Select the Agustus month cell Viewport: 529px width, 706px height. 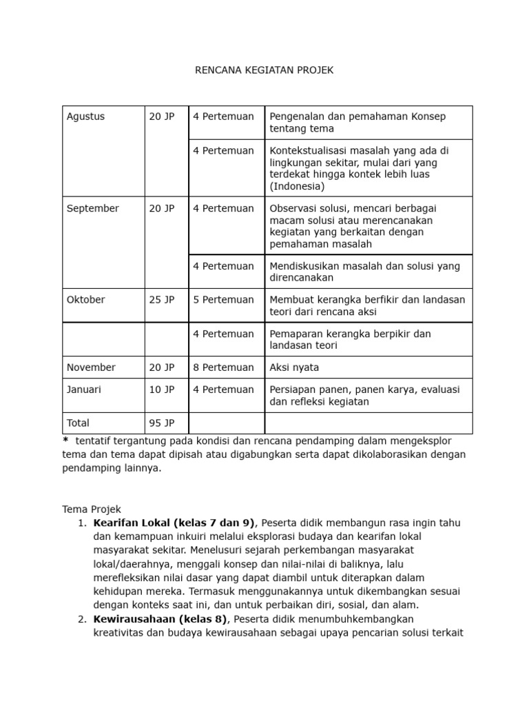pyautogui.click(x=85, y=117)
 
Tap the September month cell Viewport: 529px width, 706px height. pyautogui.click(x=92, y=208)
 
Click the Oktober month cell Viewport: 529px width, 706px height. pyautogui.click(x=85, y=300)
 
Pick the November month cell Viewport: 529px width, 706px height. pyautogui.click(x=91, y=367)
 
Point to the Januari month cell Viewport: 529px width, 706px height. pyautogui.click(x=83, y=390)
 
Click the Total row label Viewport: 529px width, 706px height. pyautogui.click(x=78, y=423)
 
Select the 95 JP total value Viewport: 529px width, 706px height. pyautogui.click(x=162, y=423)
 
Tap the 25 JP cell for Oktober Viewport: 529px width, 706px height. pyautogui.click(x=162, y=300)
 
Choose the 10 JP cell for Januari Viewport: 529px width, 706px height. pyautogui.click(x=162, y=390)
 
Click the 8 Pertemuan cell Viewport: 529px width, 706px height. pyautogui.click(x=223, y=367)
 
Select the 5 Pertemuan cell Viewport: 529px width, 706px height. pyautogui.click(x=223, y=300)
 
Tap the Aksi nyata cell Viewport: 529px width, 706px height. pyautogui.click(x=294, y=367)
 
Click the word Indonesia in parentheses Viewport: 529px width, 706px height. pyautogui.click(x=295, y=186)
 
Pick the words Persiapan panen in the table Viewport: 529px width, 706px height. pyautogui.click(x=304, y=390)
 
